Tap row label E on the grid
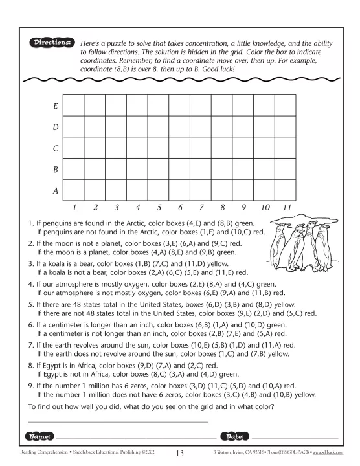[56, 105]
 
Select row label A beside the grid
[56, 190]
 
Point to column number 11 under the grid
[286, 208]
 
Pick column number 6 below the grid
[180, 208]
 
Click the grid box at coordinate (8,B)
[222, 169]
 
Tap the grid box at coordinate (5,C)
[159, 148]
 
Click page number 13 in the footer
[180, 455]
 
